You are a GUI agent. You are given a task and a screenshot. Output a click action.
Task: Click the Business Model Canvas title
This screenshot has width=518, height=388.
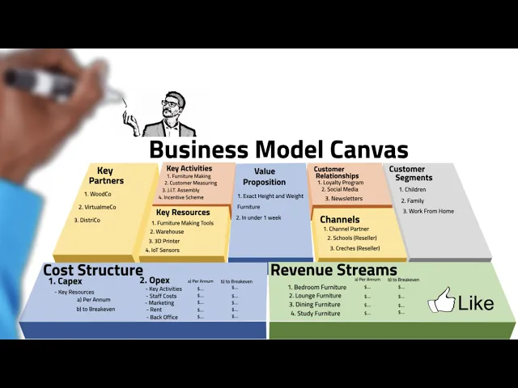[278, 150]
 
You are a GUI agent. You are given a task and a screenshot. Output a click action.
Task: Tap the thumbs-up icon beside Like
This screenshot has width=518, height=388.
[442, 301]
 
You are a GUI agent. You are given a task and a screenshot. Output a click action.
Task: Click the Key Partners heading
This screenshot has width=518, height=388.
[105, 175]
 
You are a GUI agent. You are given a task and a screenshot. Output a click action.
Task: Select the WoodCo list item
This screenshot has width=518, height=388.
[100, 194]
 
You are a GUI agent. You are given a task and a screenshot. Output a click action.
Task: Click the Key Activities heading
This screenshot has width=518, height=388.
[189, 168]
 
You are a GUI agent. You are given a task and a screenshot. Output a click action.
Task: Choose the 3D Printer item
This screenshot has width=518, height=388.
[167, 241]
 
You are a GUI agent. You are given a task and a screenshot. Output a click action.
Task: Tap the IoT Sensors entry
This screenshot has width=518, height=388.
[167, 251]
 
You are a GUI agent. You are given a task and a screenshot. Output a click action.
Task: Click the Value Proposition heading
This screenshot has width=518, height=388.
[265, 176]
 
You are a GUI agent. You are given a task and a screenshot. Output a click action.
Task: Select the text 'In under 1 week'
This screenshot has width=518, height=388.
[260, 217]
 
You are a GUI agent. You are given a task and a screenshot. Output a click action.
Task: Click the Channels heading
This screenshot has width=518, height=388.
[339, 219]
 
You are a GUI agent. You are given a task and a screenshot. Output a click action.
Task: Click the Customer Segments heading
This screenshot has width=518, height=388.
[413, 174]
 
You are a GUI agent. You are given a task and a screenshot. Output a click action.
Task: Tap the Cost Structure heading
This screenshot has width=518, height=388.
[92, 270]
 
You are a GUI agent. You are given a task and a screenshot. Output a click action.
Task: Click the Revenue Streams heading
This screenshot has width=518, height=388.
[333, 270]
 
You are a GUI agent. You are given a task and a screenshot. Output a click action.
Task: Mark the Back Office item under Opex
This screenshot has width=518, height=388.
[163, 317]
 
